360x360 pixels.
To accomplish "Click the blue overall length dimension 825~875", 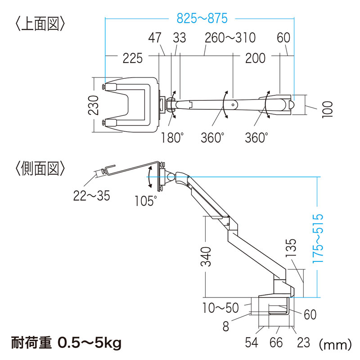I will (x=202, y=18).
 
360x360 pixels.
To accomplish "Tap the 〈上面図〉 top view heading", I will (x=40, y=24).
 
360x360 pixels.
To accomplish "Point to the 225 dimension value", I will (x=133, y=58).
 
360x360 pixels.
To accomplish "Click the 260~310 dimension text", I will (x=230, y=38).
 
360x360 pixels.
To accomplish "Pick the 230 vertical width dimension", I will (x=94, y=105).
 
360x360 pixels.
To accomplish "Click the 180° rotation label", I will (x=172, y=137).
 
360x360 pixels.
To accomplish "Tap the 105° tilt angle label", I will (x=145, y=201).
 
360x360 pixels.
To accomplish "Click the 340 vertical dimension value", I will (x=206, y=256).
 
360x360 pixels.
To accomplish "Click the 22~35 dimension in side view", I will (x=92, y=196).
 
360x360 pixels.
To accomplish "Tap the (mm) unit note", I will (x=335, y=344).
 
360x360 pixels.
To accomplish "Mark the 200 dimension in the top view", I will (x=255, y=58).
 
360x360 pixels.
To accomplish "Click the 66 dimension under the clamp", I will (x=276, y=343).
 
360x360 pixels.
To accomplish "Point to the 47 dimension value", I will (x=155, y=38).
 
